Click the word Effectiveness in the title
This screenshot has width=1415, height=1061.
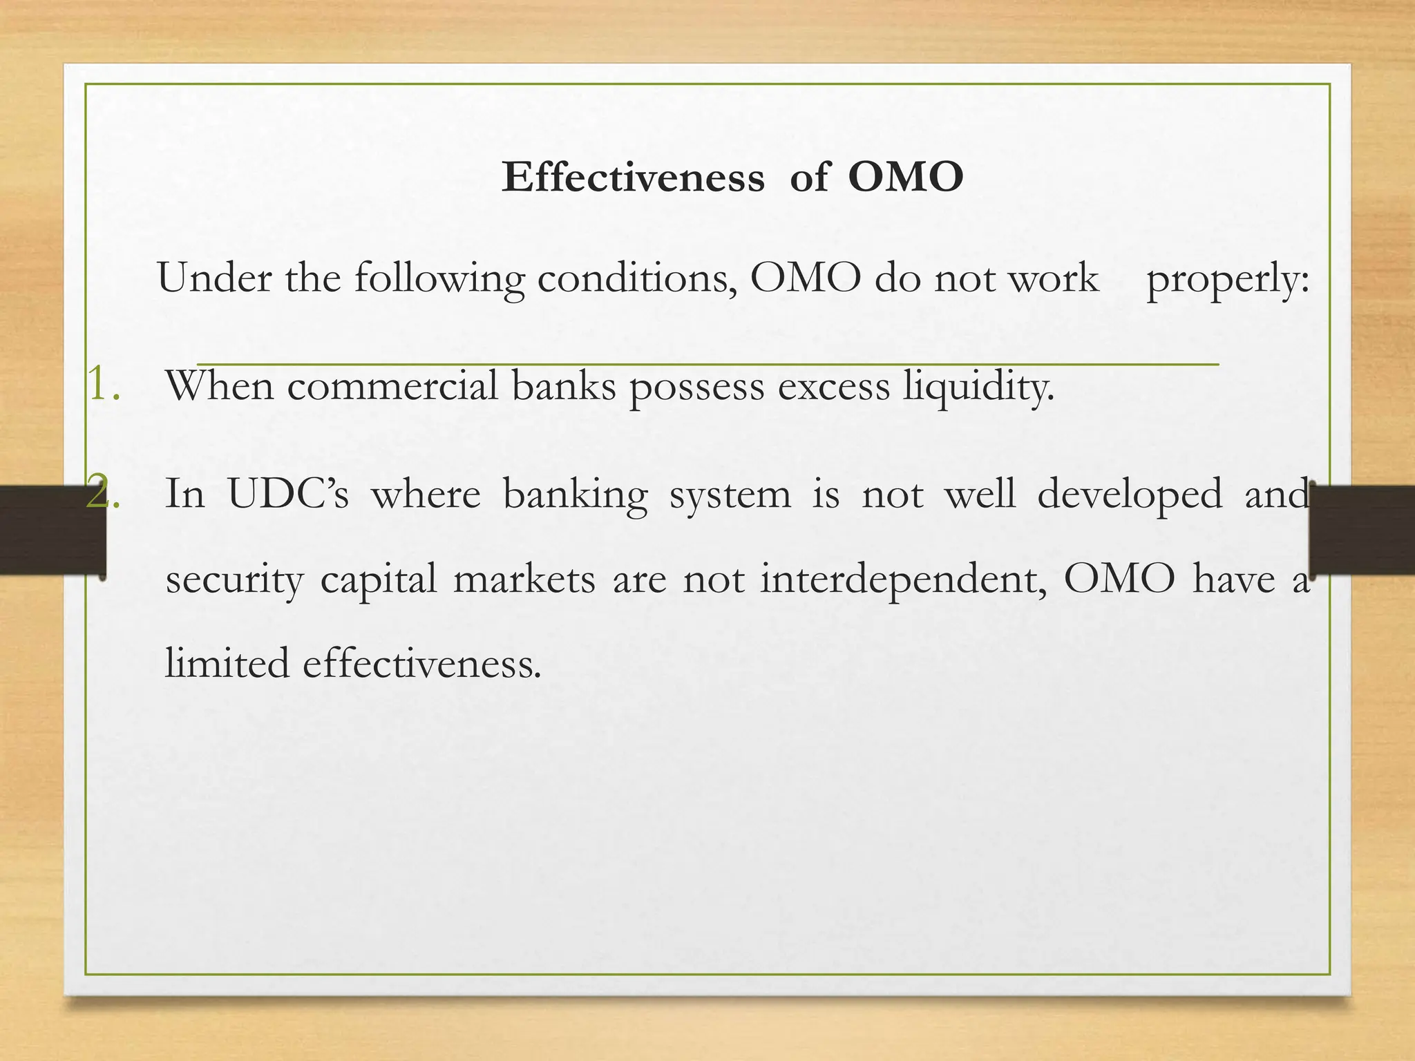pyautogui.click(x=633, y=178)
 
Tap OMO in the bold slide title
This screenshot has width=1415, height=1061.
pyautogui.click(x=905, y=178)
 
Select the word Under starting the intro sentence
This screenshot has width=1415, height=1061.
pyautogui.click(x=214, y=278)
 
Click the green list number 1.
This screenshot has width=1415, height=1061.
pyautogui.click(x=102, y=385)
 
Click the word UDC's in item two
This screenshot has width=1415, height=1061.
pyautogui.click(x=288, y=495)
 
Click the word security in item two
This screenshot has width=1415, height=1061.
pyautogui.click(x=234, y=580)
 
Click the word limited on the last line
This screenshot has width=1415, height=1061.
pyautogui.click(x=227, y=663)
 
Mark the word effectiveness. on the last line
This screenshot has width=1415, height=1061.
pyautogui.click(x=421, y=663)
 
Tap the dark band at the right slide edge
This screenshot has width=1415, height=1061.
pyautogui.click(x=1365, y=530)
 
